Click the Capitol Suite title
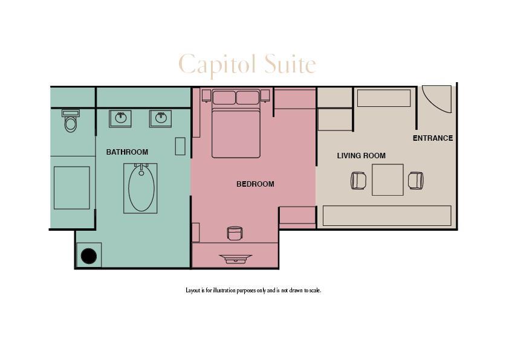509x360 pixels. click(x=247, y=64)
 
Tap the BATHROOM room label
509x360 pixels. click(x=127, y=152)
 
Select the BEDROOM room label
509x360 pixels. click(x=255, y=184)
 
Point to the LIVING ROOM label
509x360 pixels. click(x=361, y=156)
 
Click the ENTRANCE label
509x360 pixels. click(x=433, y=138)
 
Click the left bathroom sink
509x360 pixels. click(x=121, y=118)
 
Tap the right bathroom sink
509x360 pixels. click(x=161, y=118)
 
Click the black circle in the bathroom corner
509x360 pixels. click(x=89, y=256)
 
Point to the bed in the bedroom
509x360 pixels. click(x=236, y=130)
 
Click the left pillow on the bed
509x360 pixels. click(x=224, y=97)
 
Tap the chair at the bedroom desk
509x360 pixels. click(x=235, y=233)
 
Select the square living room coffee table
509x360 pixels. click(x=387, y=180)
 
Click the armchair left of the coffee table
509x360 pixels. click(x=358, y=181)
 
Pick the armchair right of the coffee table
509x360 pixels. click(x=416, y=181)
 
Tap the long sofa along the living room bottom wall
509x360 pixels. click(x=387, y=216)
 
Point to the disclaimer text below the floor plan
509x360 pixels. click(x=253, y=291)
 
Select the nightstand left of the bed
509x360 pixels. click(x=206, y=95)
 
